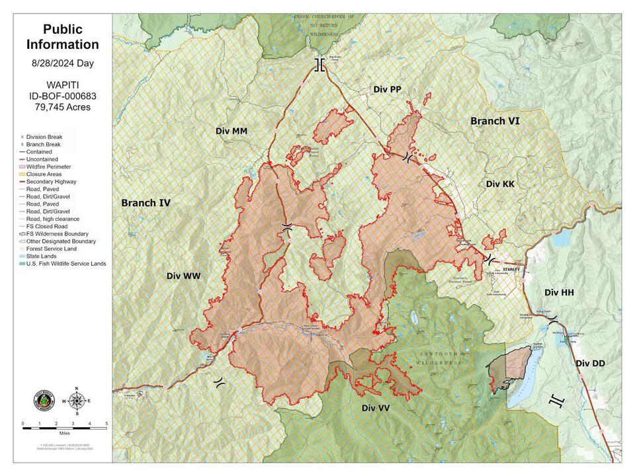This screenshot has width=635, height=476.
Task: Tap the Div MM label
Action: (x=232, y=132)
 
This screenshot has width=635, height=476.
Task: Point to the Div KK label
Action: (x=500, y=184)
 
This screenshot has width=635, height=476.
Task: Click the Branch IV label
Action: (x=146, y=203)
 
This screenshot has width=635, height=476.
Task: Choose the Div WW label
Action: (x=183, y=276)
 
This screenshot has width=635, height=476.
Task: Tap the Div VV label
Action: (x=375, y=408)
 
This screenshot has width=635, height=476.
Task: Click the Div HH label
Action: (x=560, y=292)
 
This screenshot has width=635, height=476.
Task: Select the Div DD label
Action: (x=591, y=364)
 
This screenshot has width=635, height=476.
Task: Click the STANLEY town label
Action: (x=513, y=269)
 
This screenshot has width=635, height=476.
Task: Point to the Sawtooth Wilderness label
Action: (x=437, y=360)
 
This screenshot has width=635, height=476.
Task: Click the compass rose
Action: (x=77, y=401)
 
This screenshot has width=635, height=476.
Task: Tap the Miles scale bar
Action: (x=64, y=428)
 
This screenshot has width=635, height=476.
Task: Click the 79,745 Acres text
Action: (x=63, y=107)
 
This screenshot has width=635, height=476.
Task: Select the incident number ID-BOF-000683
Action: (x=63, y=96)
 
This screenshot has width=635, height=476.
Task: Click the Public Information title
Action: (x=63, y=37)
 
